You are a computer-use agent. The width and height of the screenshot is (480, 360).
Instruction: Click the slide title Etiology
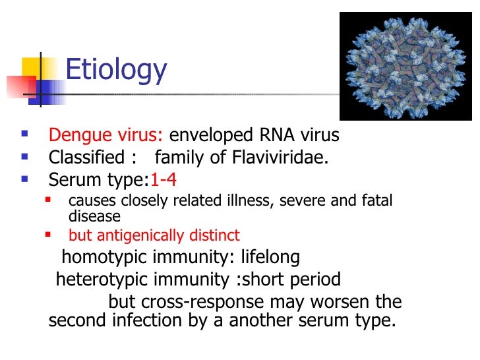click(x=117, y=69)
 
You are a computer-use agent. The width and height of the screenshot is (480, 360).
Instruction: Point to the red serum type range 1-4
click(x=164, y=180)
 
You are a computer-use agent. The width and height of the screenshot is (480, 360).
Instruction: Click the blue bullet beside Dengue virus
click(x=25, y=136)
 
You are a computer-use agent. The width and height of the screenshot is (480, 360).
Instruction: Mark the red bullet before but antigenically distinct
click(x=47, y=235)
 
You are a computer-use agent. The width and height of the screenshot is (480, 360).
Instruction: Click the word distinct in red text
click(x=217, y=235)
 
